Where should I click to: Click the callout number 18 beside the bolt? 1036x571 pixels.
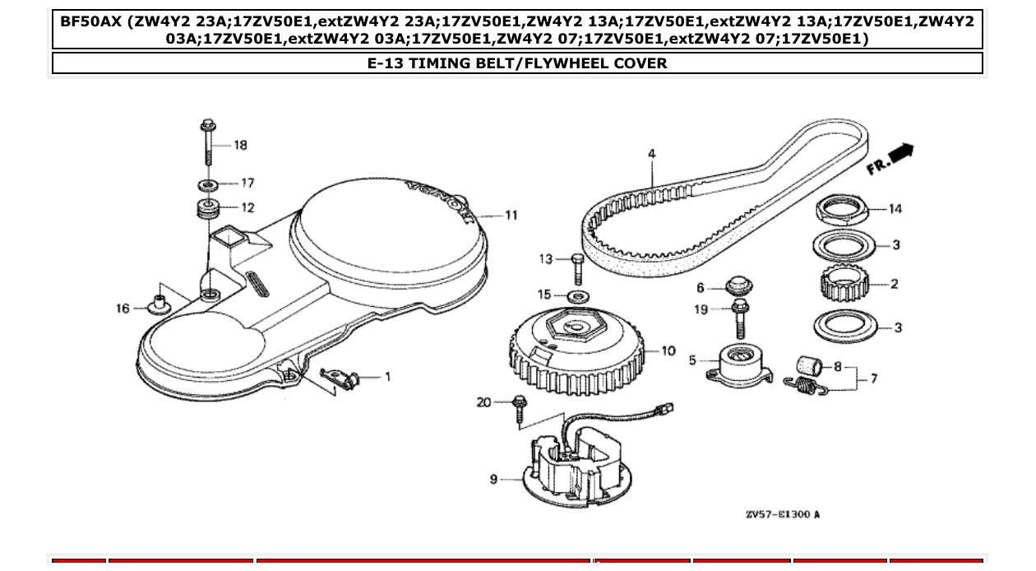click(x=240, y=145)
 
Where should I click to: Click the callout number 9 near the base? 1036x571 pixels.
click(x=493, y=479)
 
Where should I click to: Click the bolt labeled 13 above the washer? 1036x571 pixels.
click(x=576, y=267)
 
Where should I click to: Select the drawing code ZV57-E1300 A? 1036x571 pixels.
click(x=782, y=515)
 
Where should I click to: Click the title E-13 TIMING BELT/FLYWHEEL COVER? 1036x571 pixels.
click(x=517, y=63)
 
